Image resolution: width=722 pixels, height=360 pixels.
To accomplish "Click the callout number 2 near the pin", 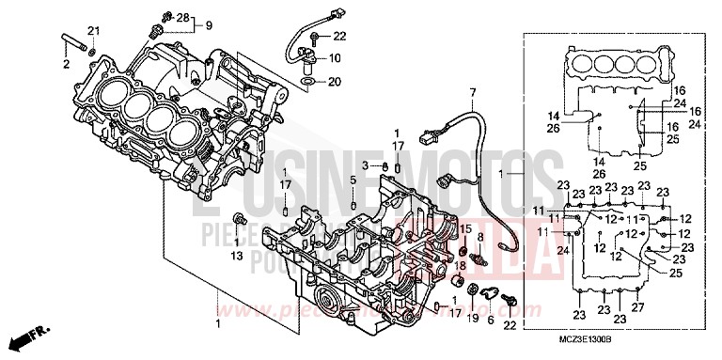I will [67, 64].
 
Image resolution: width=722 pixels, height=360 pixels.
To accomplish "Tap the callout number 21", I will [93, 32].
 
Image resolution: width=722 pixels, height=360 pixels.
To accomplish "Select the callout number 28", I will [183, 18].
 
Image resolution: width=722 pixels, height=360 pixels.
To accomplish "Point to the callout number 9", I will [208, 24].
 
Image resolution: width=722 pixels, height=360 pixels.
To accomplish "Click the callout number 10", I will [336, 58].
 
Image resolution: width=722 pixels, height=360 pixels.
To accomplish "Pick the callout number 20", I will [336, 82].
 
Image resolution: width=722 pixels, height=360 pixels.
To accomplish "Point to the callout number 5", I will [353, 180].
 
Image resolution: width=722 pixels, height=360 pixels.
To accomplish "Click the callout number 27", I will [639, 307].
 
